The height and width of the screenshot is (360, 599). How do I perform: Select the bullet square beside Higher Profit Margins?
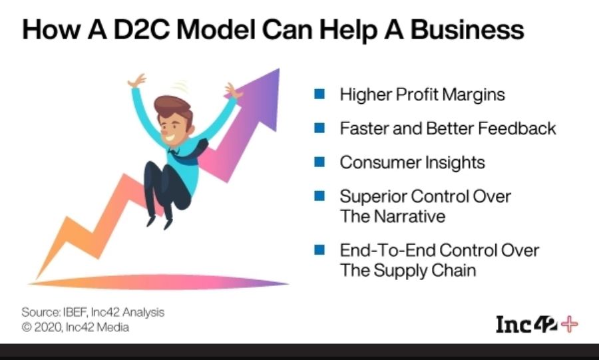(x=319, y=94)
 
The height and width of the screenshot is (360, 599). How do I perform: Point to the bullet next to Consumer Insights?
(x=319, y=162)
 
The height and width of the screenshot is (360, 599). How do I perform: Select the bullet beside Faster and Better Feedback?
(x=319, y=128)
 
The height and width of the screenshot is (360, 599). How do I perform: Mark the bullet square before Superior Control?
(x=319, y=196)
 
